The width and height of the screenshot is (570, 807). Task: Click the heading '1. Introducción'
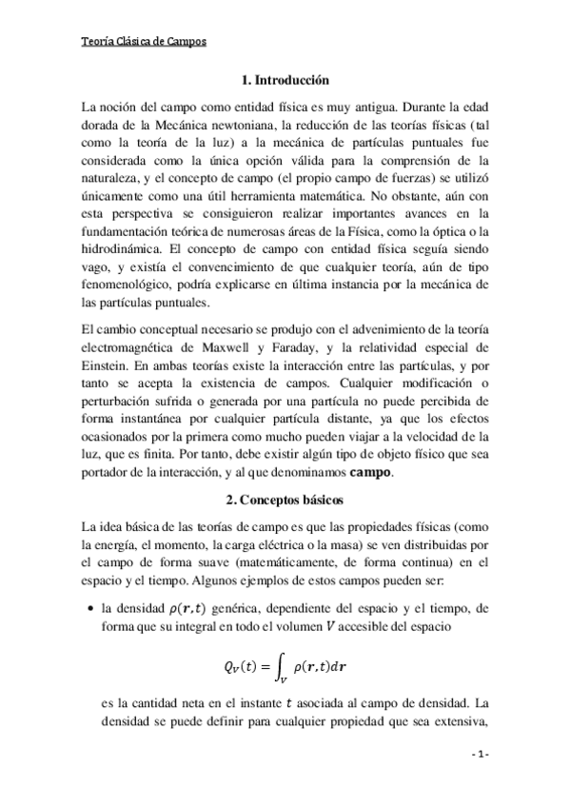(x=285, y=82)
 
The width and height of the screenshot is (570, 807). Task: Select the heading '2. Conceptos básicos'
(x=285, y=499)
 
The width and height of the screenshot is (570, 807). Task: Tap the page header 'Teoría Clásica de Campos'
(x=144, y=42)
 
